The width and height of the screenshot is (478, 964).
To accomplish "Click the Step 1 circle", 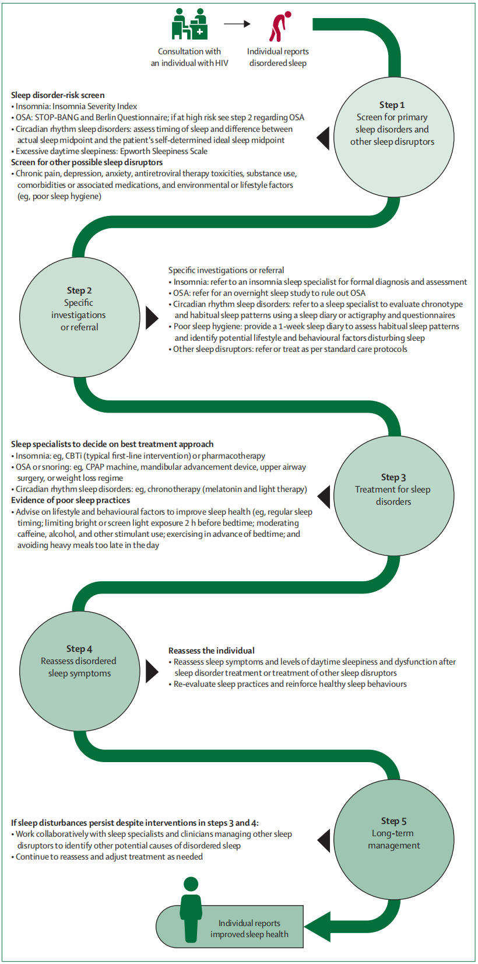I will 393,137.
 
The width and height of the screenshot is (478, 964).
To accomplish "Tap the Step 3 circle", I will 393,495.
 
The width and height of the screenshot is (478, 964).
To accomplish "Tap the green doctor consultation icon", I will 189,25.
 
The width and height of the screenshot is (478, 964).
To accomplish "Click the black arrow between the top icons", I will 237,24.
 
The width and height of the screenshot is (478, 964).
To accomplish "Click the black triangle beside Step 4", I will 152,671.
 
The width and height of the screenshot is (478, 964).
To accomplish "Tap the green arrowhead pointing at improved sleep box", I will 318,927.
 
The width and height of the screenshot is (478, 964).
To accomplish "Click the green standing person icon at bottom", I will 191,909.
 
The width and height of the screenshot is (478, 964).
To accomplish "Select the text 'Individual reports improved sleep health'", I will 249,928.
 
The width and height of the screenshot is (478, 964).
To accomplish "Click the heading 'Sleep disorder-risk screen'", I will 58,95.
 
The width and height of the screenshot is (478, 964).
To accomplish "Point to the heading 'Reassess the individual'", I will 212,651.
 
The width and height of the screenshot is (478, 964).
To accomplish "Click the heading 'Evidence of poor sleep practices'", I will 71,500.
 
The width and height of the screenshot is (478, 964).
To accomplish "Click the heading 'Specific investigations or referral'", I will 226,270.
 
